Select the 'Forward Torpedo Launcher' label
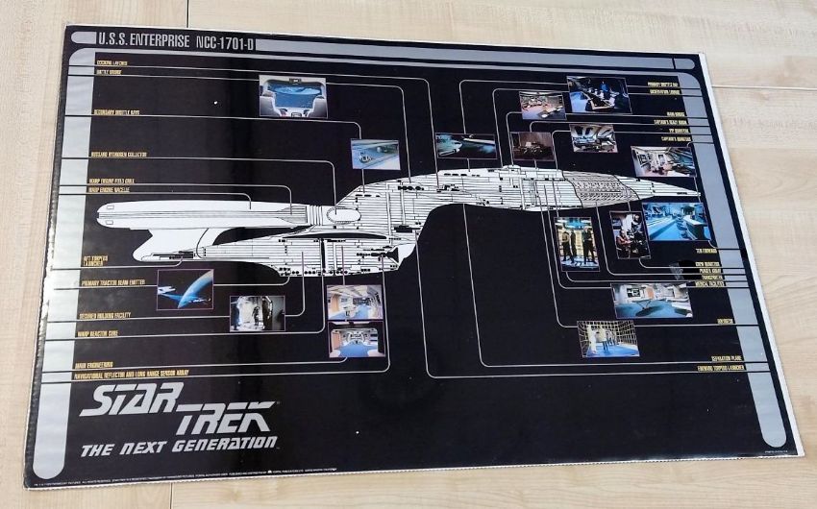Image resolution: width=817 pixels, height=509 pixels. [x=734, y=367]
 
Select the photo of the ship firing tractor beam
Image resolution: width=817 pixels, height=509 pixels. [x=185, y=289]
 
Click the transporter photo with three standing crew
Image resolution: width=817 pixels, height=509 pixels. [x=577, y=243]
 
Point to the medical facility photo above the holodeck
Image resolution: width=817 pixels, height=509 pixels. [x=652, y=300]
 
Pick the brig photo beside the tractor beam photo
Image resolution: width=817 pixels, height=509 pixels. [x=257, y=313]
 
